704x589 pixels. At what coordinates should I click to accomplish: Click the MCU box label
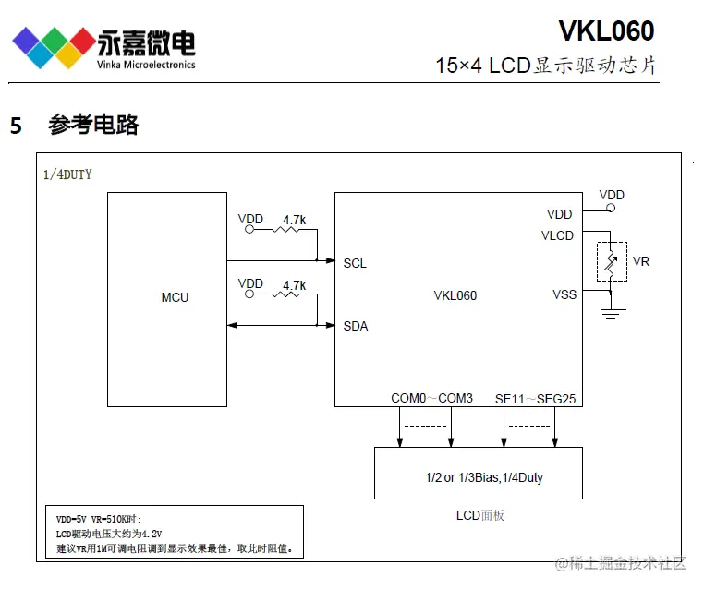coord(175,297)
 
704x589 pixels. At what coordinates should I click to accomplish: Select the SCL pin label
coord(355,263)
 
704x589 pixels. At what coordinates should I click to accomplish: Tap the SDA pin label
coord(355,326)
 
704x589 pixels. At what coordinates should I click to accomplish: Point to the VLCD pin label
coord(557,235)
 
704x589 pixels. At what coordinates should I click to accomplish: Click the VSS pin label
coord(564,294)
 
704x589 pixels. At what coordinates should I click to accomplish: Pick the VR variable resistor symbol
coord(611,262)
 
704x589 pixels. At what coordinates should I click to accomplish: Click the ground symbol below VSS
coord(611,313)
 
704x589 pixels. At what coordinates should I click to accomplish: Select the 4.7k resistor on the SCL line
coord(293,231)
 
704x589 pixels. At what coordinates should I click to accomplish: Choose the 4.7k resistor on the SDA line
coord(293,295)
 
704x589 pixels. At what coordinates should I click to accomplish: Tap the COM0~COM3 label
coord(431,398)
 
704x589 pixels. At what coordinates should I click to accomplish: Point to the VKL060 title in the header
coord(606,31)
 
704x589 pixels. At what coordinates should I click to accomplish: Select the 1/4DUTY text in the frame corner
coord(67,174)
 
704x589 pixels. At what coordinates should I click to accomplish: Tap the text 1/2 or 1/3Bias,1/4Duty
coord(478,477)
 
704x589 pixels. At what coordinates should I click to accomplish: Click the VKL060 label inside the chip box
coord(455,296)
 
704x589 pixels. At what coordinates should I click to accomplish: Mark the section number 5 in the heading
coord(16,126)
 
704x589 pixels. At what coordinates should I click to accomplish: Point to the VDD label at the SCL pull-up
coord(250,219)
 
